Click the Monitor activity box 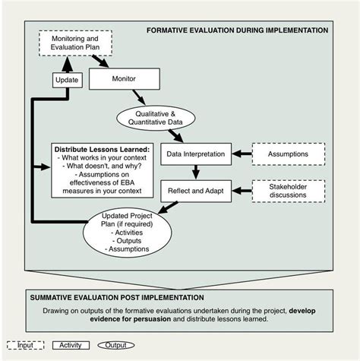pyautogui.click(x=123, y=78)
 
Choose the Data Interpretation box pyautogui.click(x=195, y=154)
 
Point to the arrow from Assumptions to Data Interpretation pyautogui.click(x=241, y=154)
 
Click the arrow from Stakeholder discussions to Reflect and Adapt pyautogui.click(x=241, y=190)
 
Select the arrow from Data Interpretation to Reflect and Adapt pyautogui.click(x=195, y=172)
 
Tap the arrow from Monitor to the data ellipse pyautogui.click(x=139, y=96)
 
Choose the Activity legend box pyautogui.click(x=72, y=345)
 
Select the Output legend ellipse pyautogui.click(x=116, y=345)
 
